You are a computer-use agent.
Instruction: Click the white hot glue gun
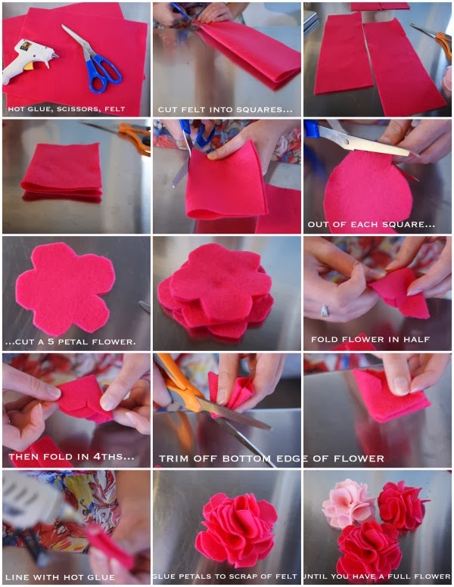coord(26,60)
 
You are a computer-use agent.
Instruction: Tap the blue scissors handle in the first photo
coord(102,74)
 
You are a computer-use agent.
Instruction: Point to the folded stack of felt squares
coord(63,172)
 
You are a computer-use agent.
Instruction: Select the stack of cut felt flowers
coord(216,291)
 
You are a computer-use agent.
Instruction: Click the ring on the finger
coord(325,310)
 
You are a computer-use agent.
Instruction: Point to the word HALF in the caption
coord(416,339)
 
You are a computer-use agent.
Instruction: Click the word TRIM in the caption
coord(173,458)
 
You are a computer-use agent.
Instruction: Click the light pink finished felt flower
coord(347,503)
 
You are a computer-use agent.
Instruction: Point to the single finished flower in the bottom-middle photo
coord(236,528)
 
